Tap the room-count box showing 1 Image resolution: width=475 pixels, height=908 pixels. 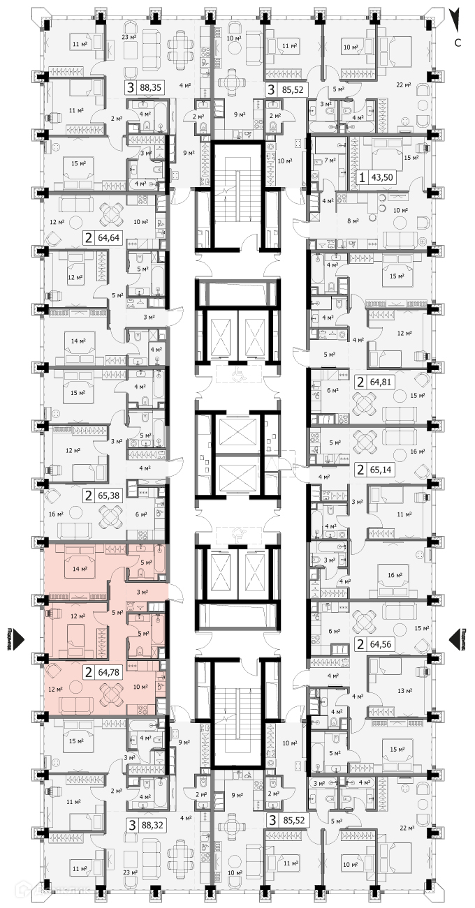pos(362,177)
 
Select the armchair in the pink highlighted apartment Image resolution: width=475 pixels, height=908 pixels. pos(54,674)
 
